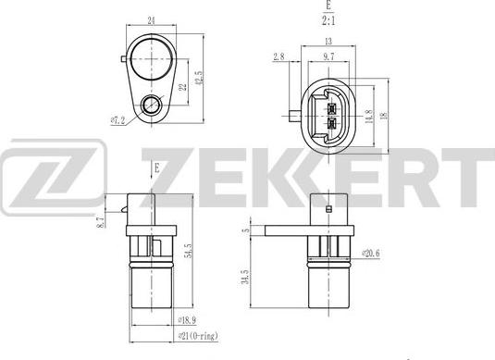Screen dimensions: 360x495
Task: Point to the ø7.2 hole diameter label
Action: coord(118,119)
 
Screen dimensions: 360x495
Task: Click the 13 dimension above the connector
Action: coord(329,43)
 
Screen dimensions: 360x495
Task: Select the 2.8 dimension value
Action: coord(279,57)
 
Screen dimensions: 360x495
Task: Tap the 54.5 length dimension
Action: coord(189,251)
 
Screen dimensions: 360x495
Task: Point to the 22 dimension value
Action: coord(181,87)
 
